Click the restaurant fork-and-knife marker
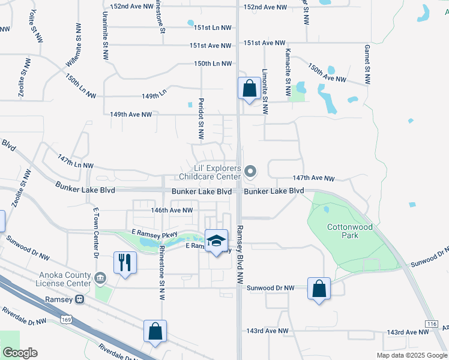click(125, 263)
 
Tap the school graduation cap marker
click(216, 241)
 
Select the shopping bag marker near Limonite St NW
click(249, 89)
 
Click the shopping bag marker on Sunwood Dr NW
click(319, 289)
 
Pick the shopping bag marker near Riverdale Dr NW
click(155, 331)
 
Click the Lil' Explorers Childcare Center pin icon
click(251, 172)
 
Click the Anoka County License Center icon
click(100, 278)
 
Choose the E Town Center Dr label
click(95, 233)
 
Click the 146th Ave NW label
click(172, 211)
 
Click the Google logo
click(20, 353)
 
